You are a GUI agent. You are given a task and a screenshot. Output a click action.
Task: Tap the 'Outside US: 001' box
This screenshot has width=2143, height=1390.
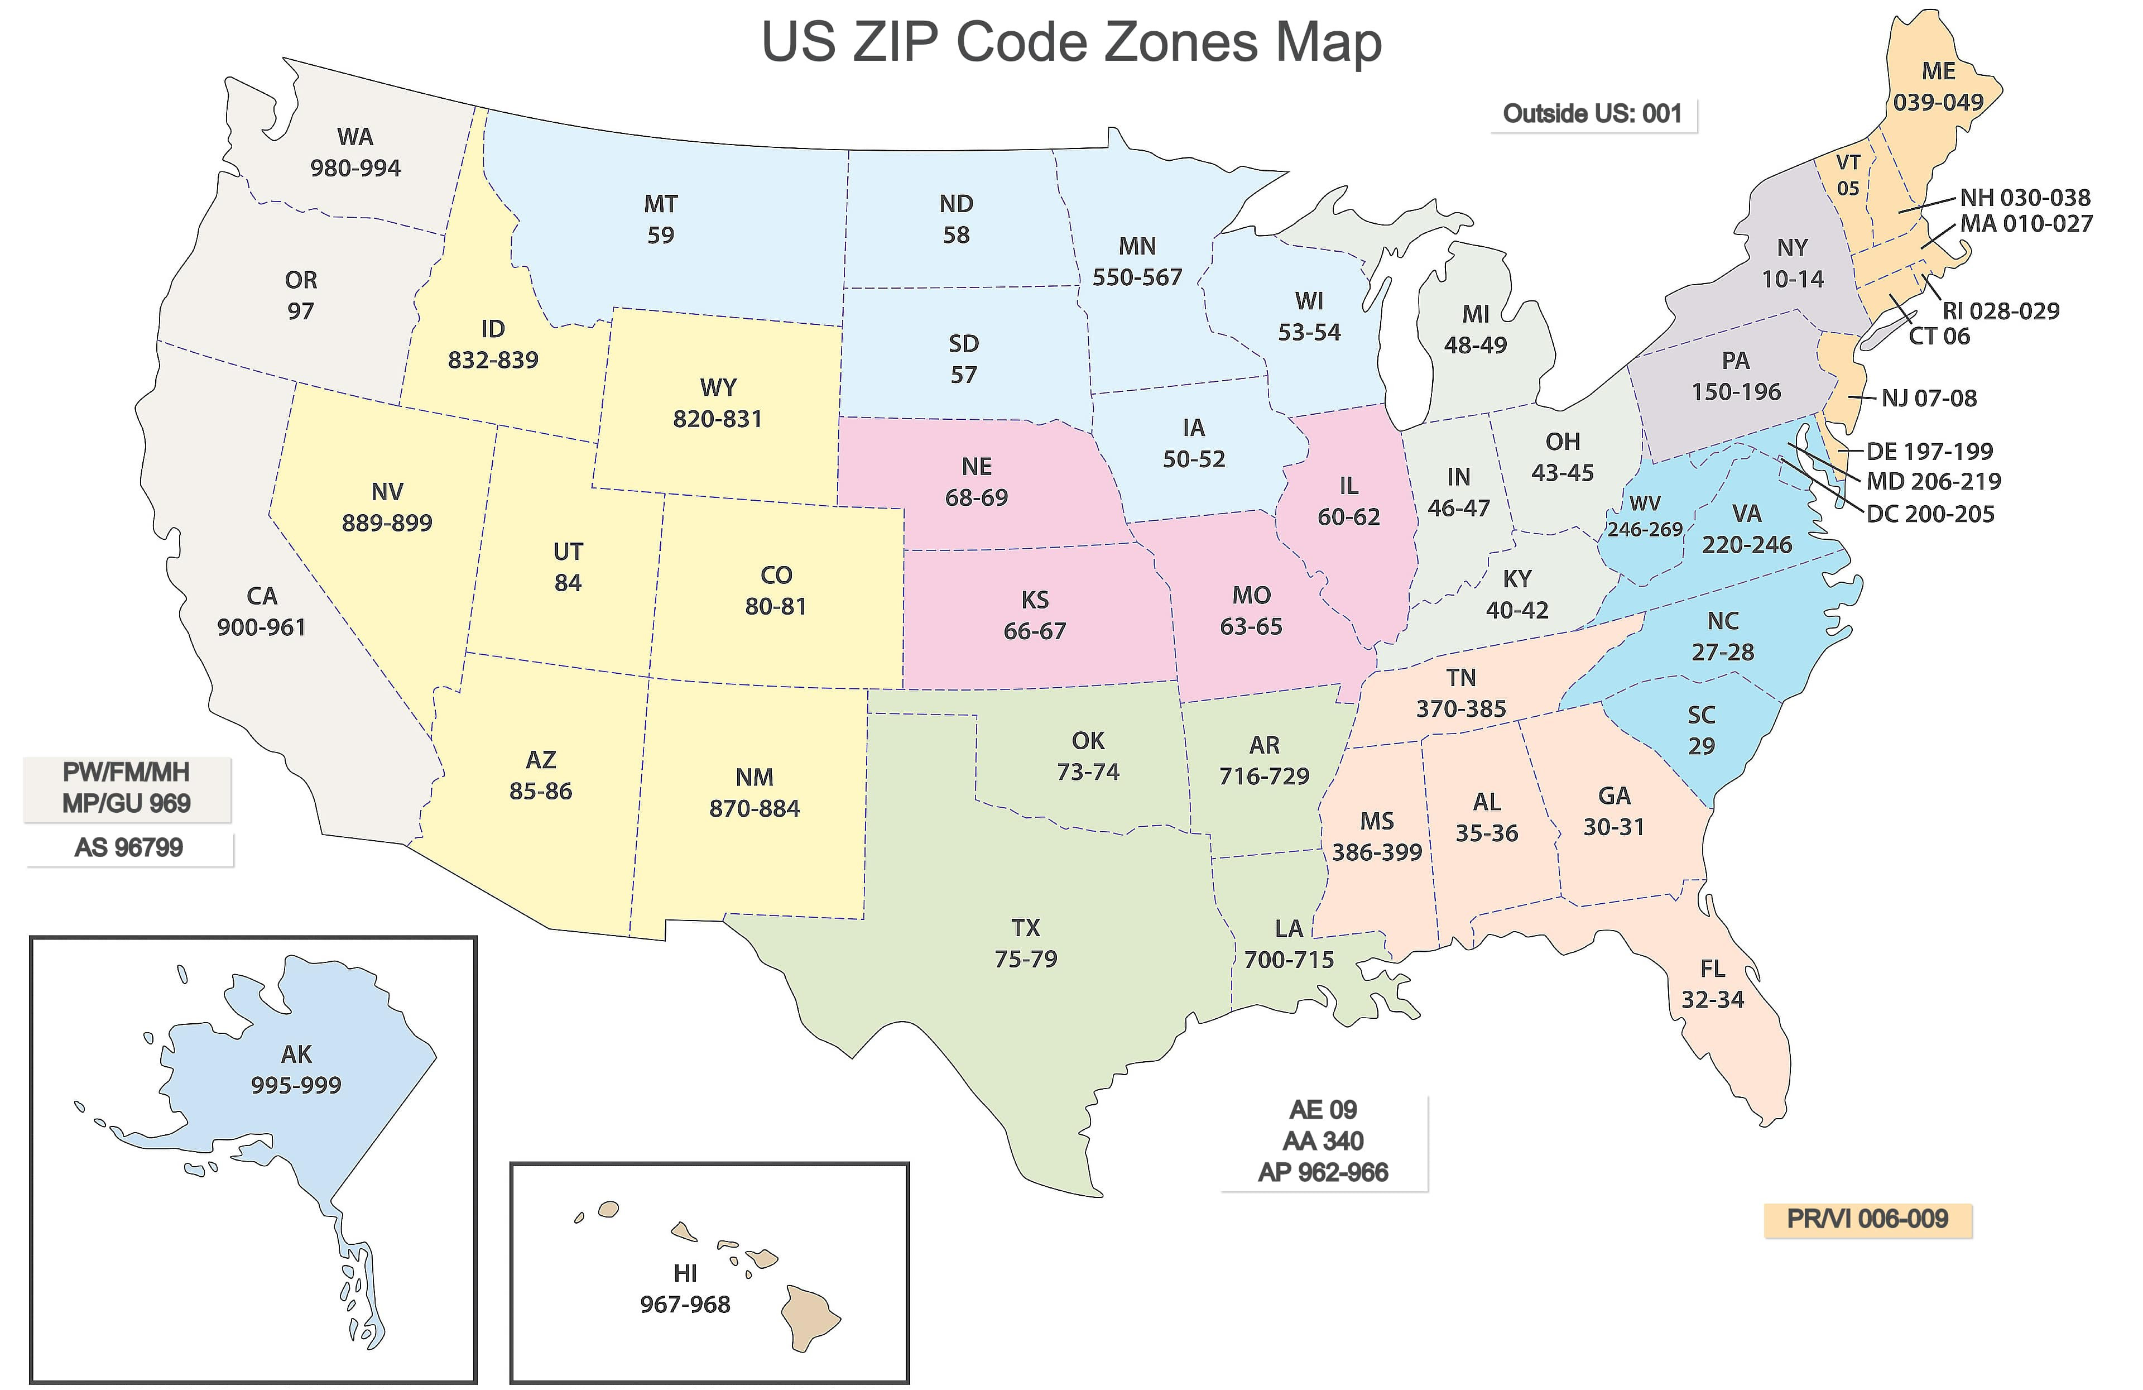[x=1592, y=113]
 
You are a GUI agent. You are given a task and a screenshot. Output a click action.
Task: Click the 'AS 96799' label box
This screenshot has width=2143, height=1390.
[x=129, y=848]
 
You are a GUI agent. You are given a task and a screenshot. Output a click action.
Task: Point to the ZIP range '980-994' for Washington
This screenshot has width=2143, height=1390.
[x=355, y=169]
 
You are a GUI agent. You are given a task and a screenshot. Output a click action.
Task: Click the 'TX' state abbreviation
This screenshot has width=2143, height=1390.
[x=1026, y=928]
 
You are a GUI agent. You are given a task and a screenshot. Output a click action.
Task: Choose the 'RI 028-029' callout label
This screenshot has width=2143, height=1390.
[x=2001, y=311]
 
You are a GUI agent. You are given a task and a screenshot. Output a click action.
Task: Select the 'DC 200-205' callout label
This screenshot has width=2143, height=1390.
[x=1930, y=514]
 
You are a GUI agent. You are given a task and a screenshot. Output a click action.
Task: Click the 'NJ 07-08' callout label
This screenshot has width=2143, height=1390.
[x=1929, y=398]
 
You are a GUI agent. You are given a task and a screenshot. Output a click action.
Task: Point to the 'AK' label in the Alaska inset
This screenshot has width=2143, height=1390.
[x=296, y=1054]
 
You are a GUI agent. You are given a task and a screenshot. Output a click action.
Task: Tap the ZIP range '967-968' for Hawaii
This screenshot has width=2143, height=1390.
[x=685, y=1305]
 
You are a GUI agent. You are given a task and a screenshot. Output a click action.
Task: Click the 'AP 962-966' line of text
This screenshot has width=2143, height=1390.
[x=1323, y=1172]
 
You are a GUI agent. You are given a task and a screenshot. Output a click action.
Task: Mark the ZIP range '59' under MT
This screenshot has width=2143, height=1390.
[x=660, y=235]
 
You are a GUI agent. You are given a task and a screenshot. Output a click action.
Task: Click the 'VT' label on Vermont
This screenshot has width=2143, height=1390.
[x=1848, y=163]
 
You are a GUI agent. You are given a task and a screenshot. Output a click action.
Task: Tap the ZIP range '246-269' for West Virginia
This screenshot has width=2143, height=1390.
[x=1644, y=530]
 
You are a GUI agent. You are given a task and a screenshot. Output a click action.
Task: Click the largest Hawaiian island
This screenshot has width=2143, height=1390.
[x=809, y=1316]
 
